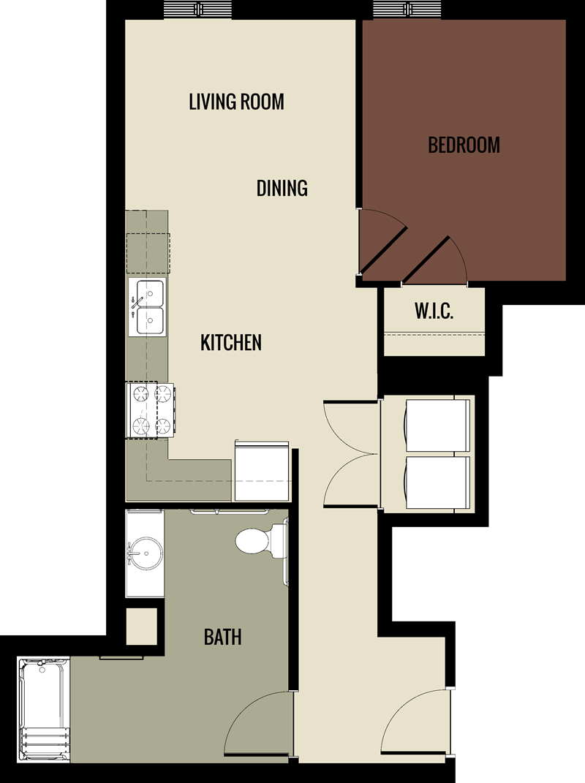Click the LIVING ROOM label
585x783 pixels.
click(x=236, y=101)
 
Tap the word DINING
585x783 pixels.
click(x=282, y=188)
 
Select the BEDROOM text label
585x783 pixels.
click(x=464, y=145)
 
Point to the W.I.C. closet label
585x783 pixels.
click(x=434, y=311)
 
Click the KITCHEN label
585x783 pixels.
click(x=231, y=342)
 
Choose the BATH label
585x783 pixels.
click(x=222, y=637)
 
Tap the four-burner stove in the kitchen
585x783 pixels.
click(x=151, y=410)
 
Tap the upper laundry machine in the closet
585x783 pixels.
click(x=437, y=425)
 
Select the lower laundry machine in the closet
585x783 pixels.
click(x=437, y=483)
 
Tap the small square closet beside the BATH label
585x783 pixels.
click(x=141, y=627)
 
